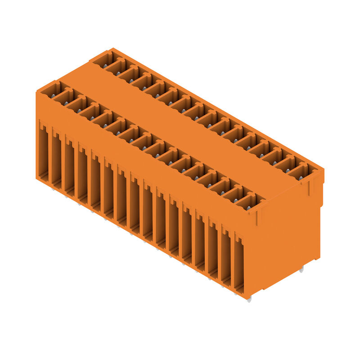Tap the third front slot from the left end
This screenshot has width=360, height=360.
pos(69,167)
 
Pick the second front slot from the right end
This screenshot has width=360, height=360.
pos(225,257)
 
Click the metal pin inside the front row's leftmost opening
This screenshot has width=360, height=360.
pos(53,95)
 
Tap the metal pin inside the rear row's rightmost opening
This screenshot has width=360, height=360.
pos(301,178)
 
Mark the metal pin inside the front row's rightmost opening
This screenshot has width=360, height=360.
pos(248,207)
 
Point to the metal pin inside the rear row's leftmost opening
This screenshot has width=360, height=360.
pos(105,66)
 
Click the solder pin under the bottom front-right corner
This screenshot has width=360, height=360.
pos(249,299)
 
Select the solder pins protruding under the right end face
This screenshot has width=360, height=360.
pos(301,269)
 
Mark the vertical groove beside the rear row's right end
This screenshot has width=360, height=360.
pos(310,188)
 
